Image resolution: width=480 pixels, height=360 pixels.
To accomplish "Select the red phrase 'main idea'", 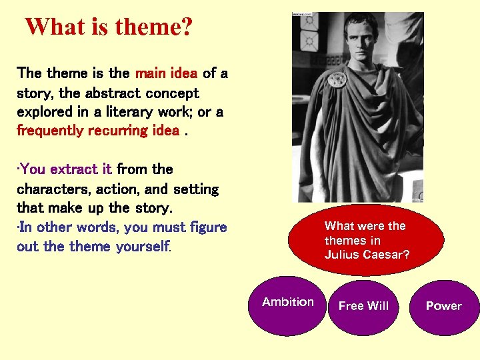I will [167, 73].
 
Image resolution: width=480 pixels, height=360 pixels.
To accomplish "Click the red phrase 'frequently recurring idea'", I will [97, 130].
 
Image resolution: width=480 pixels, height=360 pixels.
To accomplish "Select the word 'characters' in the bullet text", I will [51, 189].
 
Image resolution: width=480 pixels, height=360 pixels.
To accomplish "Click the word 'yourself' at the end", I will [142, 247].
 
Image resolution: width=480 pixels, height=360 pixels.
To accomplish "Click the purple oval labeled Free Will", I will [363, 307].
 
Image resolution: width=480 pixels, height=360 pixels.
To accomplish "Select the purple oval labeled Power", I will [444, 307].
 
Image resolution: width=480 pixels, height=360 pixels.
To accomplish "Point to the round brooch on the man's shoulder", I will [337, 79].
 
